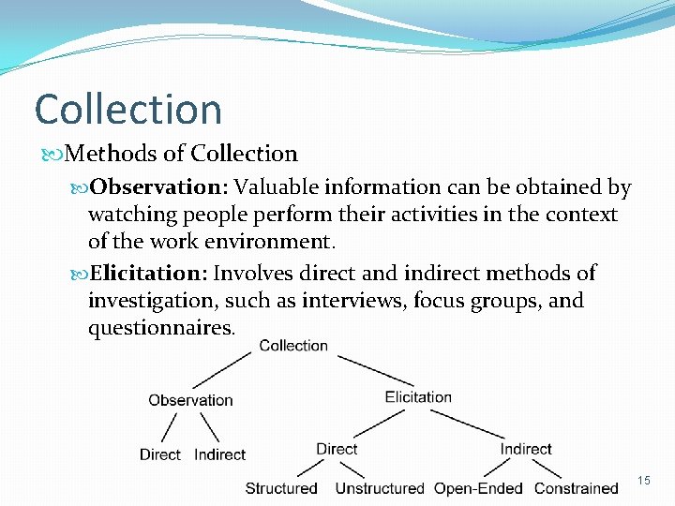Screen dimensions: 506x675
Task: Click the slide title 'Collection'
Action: tap(128, 110)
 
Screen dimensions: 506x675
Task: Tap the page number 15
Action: tap(644, 481)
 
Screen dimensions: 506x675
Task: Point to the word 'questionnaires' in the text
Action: tap(160, 328)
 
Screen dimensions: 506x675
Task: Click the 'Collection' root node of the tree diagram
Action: tap(293, 346)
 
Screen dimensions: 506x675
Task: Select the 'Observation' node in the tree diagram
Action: tap(190, 400)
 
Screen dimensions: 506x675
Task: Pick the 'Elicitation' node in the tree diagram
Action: tap(418, 396)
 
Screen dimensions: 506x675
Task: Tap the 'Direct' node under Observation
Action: tap(159, 454)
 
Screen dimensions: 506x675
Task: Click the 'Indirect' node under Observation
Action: tap(219, 454)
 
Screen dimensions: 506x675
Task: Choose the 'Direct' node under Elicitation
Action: tap(337, 449)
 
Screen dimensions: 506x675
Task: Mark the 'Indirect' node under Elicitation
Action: tap(526, 449)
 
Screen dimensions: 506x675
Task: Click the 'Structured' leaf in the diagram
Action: tap(281, 488)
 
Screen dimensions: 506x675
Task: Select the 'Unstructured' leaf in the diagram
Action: tap(380, 488)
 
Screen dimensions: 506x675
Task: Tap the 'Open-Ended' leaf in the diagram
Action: tap(479, 488)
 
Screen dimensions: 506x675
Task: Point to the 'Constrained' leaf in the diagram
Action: tap(577, 488)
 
